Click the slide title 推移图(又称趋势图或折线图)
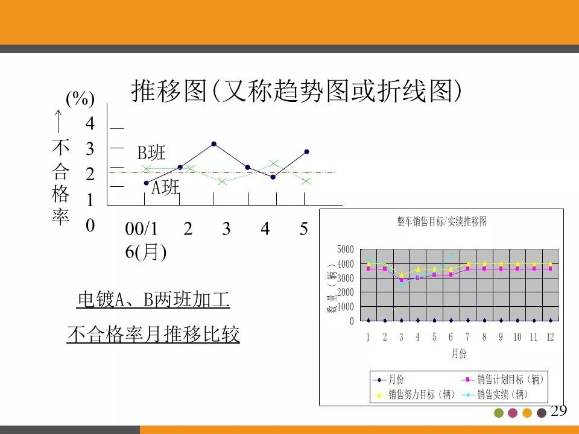click(x=297, y=91)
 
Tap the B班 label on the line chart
click(x=151, y=153)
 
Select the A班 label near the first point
click(x=165, y=188)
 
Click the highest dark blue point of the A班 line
click(x=214, y=144)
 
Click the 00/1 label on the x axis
click(x=141, y=229)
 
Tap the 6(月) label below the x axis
click(x=146, y=251)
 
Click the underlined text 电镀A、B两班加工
click(x=153, y=300)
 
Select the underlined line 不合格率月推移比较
click(x=153, y=335)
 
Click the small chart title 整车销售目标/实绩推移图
click(x=441, y=221)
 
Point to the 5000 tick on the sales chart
click(x=346, y=250)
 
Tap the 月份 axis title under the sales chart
click(x=459, y=354)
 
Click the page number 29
click(x=559, y=411)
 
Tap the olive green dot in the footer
click(x=498, y=413)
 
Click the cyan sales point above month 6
click(x=451, y=256)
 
